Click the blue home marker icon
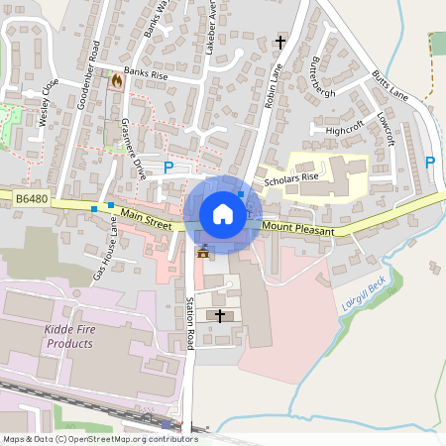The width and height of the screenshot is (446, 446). click(x=222, y=214)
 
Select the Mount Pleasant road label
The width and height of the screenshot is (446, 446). click(x=299, y=228)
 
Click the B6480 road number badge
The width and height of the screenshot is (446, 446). click(x=32, y=200)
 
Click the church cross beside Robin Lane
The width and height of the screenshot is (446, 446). click(x=280, y=43)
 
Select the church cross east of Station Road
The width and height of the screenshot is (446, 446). click(x=220, y=314)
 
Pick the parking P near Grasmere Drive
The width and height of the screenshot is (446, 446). click(x=167, y=168)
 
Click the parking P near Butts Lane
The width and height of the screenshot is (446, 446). click(x=429, y=162)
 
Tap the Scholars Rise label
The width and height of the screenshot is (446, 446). click(x=289, y=177)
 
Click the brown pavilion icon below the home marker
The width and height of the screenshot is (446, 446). click(x=204, y=251)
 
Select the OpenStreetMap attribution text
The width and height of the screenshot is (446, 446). click(x=99, y=439)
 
